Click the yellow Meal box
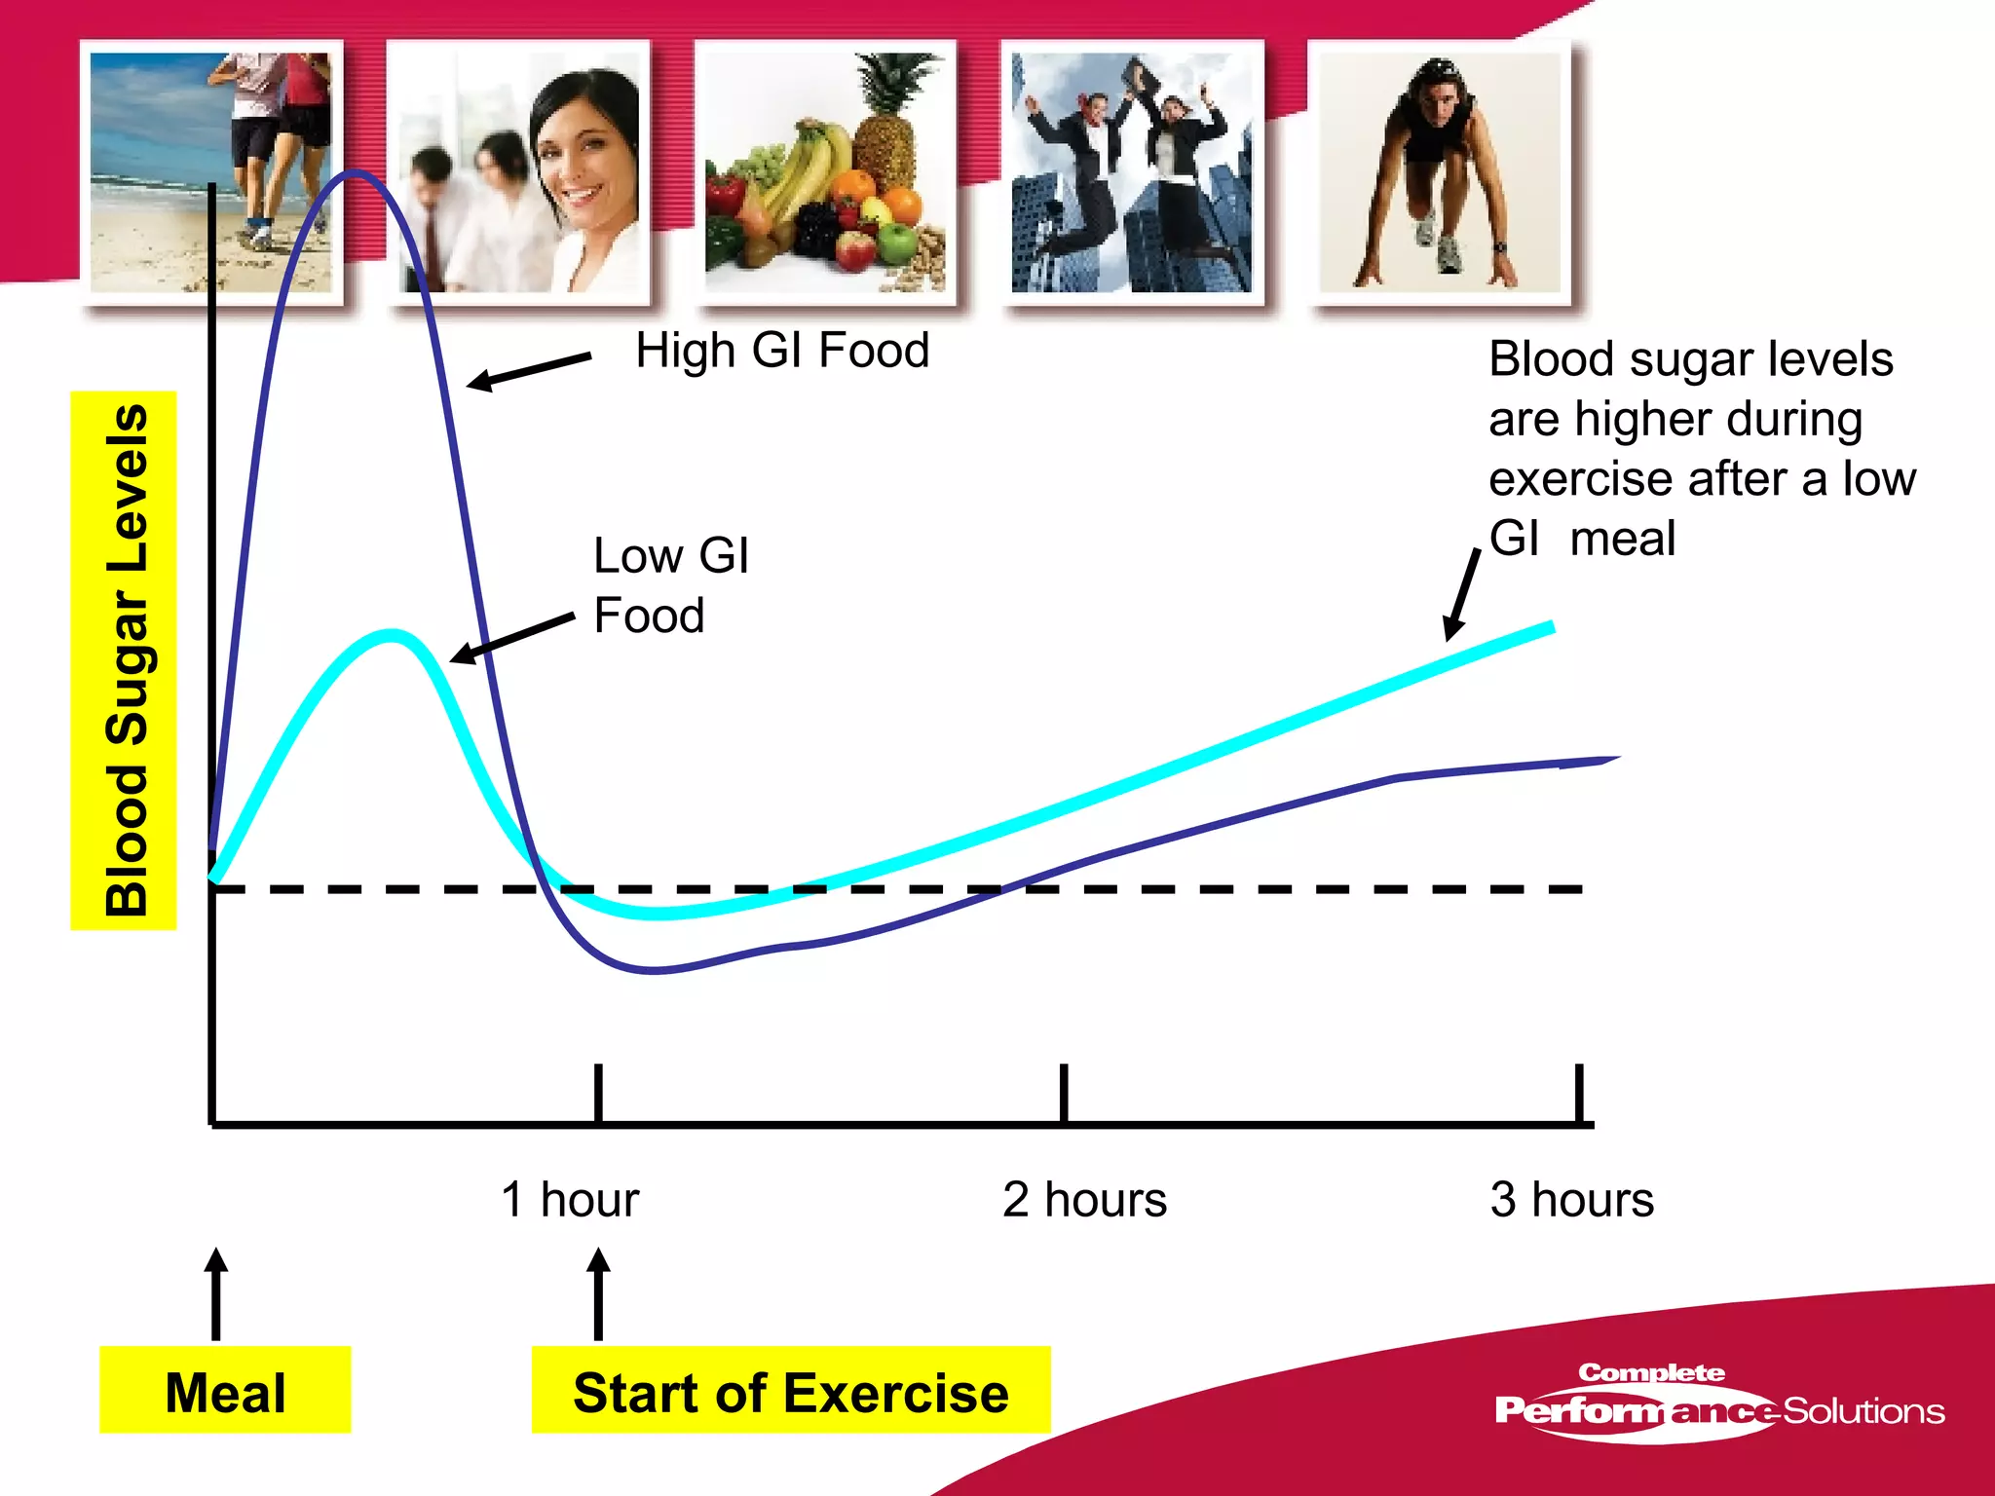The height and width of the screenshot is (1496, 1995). [225, 1390]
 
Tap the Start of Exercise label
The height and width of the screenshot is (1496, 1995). [790, 1390]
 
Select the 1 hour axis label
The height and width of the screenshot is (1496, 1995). [570, 1199]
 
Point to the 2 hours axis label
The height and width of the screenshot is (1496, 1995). [1084, 1199]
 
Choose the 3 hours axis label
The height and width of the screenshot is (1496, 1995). [1571, 1199]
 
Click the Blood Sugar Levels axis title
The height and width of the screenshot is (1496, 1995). [125, 660]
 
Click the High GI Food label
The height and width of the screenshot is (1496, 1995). [782, 350]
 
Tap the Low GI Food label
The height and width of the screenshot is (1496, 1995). [670, 585]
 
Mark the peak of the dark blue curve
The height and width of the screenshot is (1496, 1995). [355, 173]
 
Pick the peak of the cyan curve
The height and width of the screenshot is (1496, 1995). [391, 635]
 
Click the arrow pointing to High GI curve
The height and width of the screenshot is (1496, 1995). [528, 371]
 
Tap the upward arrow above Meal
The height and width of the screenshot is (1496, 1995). [216, 1293]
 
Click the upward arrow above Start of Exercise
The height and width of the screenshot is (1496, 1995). [598, 1293]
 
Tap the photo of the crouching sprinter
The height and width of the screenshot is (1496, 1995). [1440, 172]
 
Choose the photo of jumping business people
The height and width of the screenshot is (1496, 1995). [1132, 172]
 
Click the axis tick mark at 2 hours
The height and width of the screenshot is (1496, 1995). [1064, 1093]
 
